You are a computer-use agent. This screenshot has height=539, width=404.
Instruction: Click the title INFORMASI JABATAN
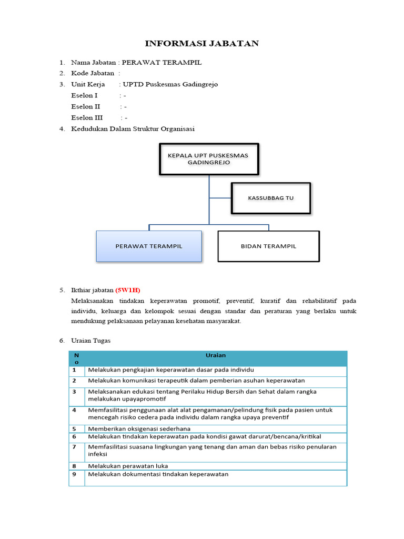[x=202, y=43]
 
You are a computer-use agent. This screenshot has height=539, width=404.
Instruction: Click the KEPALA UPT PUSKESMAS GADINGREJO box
[x=209, y=159]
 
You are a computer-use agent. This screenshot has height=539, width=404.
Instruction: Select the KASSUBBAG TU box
[x=271, y=198]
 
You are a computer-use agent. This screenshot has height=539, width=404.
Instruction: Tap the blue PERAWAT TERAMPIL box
[x=149, y=246]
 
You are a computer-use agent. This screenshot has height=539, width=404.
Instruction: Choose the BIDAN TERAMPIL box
[x=268, y=246]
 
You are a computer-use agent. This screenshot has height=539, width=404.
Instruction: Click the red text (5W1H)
[x=128, y=290]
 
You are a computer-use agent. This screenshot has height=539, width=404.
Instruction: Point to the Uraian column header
[x=215, y=355]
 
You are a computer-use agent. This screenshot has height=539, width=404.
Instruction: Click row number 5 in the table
[x=75, y=429]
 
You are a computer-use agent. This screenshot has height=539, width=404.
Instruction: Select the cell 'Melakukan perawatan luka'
[x=128, y=466]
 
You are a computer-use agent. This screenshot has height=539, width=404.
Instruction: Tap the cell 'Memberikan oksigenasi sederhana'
[x=139, y=429]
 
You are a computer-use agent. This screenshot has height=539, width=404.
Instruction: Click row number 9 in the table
[x=75, y=474]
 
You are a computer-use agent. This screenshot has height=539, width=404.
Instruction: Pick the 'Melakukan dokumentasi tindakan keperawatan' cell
[x=158, y=474]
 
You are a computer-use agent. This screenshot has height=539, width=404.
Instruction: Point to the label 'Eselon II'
[x=86, y=106]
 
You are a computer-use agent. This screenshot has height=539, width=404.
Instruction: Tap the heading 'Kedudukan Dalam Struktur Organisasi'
[x=133, y=129]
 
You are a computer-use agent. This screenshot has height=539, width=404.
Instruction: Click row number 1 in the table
[x=75, y=370]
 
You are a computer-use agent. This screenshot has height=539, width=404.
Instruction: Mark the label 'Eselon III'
[x=87, y=117]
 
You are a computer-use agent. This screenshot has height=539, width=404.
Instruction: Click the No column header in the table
[x=76, y=358]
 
